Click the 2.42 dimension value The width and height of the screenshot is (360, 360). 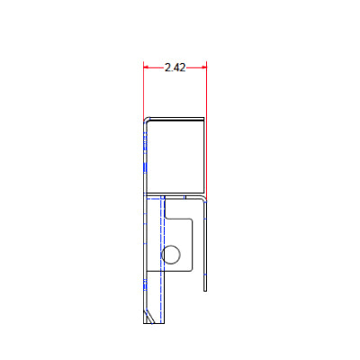tap(175, 67)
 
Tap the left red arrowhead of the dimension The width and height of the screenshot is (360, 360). tap(146, 67)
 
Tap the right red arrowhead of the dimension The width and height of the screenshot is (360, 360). tap(204, 67)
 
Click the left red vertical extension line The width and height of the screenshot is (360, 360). tap(143, 92)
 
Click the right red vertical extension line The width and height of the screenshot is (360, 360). tap(207, 129)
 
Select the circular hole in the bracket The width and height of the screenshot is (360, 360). tap(171, 255)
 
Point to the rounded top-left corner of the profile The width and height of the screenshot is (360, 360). tap(146, 120)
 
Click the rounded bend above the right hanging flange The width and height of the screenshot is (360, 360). tap(204, 198)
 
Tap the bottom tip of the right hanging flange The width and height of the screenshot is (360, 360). tap(205, 291)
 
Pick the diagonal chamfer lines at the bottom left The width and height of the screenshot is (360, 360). tap(148, 316)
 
